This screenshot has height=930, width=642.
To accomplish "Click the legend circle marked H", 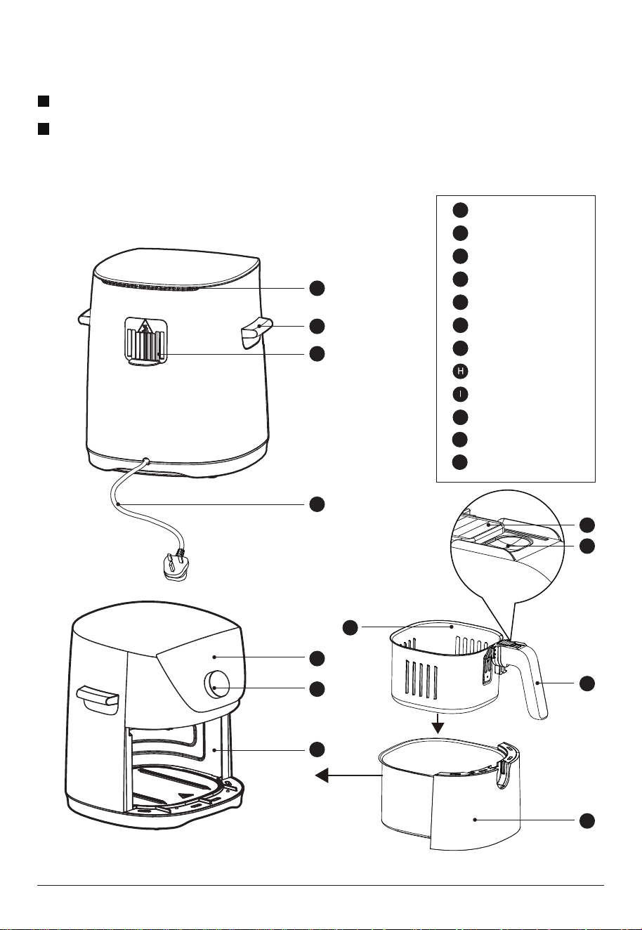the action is pos(460,371).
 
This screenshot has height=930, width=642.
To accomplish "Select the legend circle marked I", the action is pos(460,394).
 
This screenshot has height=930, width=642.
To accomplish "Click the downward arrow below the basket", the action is pos(438,723).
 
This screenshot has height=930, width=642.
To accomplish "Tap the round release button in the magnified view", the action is pos(514,544).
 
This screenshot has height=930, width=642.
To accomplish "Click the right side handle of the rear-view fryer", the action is pos(256,332).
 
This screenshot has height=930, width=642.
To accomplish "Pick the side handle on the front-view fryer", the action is pos(98,700).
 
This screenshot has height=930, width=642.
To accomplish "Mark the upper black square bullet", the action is pos(44,101).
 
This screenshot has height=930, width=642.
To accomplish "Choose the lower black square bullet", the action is pos(44,129).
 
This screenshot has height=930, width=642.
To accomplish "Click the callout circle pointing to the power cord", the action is pos(317,504).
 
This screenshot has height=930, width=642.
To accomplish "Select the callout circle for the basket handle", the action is pos(587,683).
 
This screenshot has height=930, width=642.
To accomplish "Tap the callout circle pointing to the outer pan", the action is pos(587,820).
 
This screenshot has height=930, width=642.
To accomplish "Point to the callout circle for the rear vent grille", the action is pos(317,354).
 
